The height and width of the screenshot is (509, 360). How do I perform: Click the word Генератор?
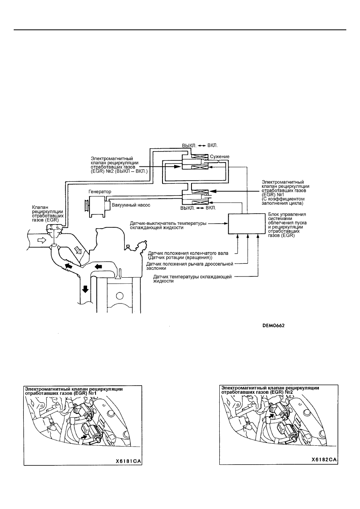coord(100,191)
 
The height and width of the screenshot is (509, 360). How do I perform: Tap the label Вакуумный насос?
coord(131,205)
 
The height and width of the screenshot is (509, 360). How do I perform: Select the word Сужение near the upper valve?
coord(220,156)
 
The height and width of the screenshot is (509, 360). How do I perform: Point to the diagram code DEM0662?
coord(273,326)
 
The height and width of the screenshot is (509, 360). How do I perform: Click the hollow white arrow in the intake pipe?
coord(42,240)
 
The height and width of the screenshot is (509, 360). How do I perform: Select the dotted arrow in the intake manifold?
coord(78,250)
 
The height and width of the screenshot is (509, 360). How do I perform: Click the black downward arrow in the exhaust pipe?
coord(85,289)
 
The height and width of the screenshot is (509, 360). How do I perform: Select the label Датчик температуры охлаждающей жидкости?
coord(193,279)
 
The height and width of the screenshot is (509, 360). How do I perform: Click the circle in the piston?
coord(119,296)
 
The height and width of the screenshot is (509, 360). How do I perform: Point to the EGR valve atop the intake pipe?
coord(54,229)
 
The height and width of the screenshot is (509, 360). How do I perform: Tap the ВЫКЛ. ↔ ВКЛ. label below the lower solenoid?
coord(198,208)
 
